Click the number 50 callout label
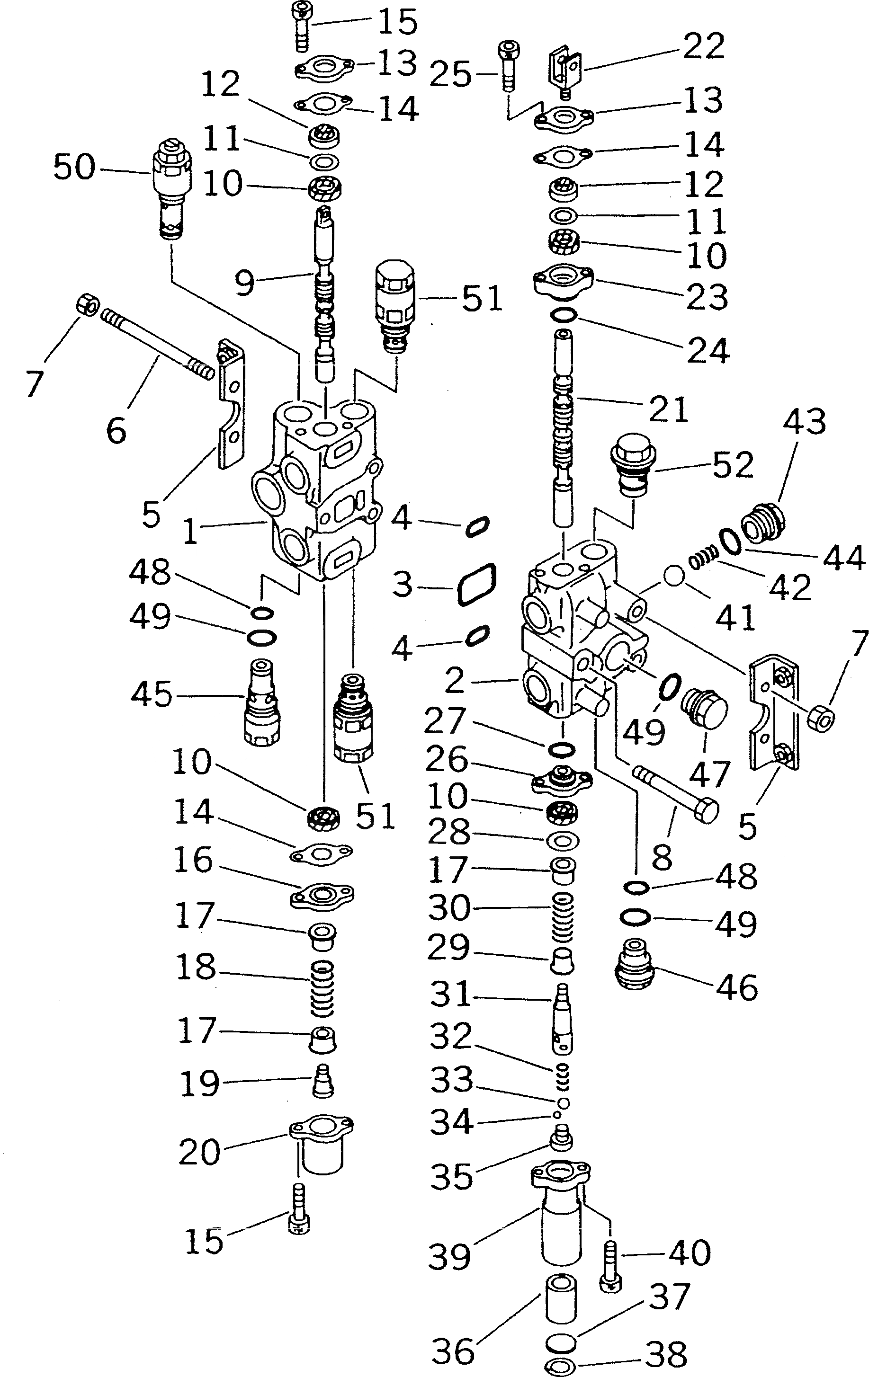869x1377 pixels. (74, 167)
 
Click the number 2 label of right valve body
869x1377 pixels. (455, 681)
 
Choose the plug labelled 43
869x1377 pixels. (764, 522)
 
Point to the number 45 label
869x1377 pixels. (152, 695)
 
